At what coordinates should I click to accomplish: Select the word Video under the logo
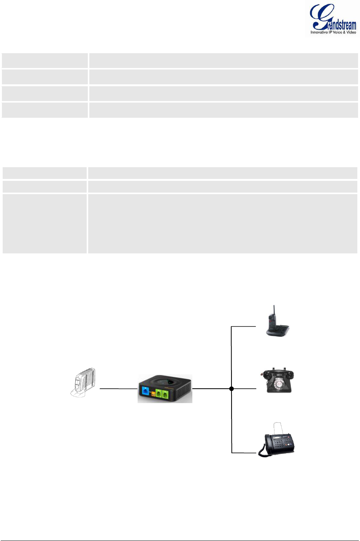(x=351, y=33)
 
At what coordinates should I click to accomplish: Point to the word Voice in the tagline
(x=338, y=33)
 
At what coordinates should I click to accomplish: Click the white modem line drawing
(x=83, y=382)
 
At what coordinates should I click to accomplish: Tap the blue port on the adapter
(x=145, y=391)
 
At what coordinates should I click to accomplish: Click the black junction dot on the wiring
(x=232, y=389)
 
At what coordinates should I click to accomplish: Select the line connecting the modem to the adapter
(x=118, y=389)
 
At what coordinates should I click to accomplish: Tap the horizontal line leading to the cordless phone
(x=244, y=326)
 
